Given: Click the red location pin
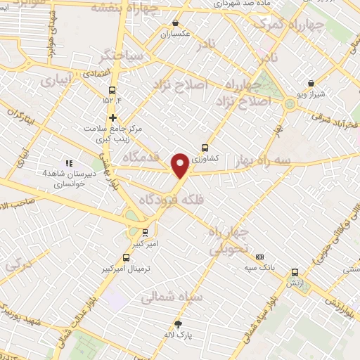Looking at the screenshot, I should click(181, 165).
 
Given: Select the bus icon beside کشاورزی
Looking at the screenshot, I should click(205, 148).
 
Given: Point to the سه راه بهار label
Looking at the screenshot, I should click(282, 161).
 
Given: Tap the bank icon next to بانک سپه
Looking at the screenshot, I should click(259, 257).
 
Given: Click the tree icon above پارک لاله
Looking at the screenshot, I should click(178, 324).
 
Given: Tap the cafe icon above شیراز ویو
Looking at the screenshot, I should click(311, 84).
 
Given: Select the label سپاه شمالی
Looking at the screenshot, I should click(172, 297).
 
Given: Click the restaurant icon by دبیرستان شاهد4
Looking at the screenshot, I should click(69, 163).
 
